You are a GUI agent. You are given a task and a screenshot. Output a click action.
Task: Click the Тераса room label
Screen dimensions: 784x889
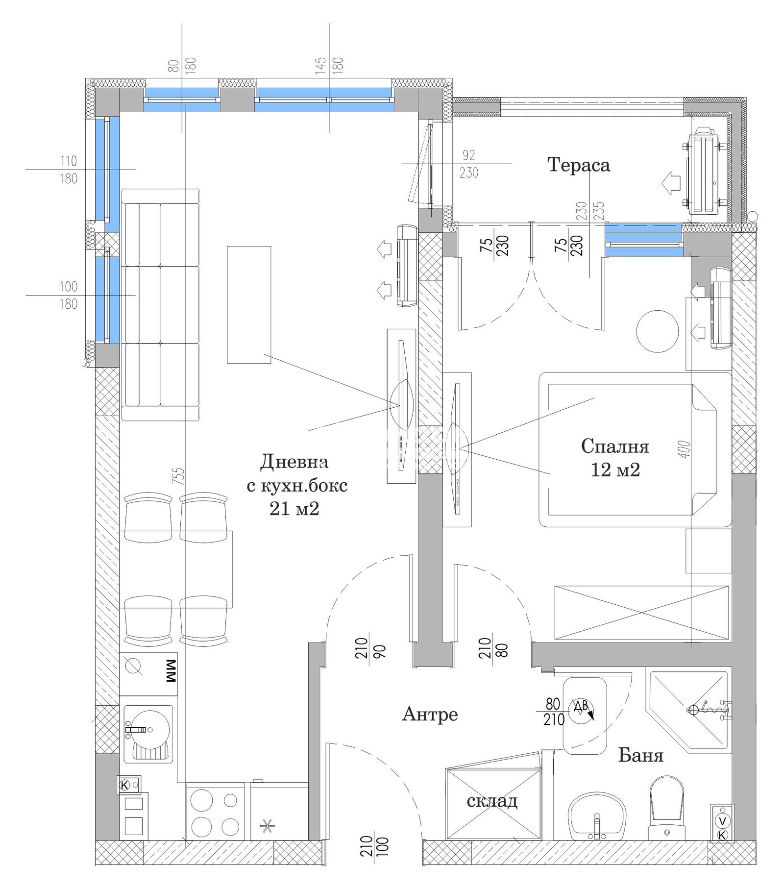578,165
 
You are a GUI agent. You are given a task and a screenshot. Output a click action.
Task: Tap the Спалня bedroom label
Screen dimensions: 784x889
615,446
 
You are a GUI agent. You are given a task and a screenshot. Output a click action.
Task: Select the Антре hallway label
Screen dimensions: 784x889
430,714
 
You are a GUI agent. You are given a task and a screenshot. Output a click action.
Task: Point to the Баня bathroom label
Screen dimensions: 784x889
640,755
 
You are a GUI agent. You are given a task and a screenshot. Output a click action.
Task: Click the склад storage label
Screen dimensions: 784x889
492,801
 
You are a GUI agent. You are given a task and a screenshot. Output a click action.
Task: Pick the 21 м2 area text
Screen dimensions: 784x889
294,509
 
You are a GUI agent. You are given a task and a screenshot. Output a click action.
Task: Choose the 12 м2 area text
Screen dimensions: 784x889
615,469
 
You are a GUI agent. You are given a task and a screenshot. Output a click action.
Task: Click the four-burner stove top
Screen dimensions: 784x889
215,814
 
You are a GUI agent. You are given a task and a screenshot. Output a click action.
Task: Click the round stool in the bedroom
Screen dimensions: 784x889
657,331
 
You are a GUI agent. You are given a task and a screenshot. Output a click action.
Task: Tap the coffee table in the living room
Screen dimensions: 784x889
249,304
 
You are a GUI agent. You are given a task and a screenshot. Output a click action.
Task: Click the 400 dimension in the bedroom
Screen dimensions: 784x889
685,449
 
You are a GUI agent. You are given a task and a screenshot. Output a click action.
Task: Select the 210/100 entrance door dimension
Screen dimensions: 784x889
374,846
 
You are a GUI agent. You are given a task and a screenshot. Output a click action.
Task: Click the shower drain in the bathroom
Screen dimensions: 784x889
692,709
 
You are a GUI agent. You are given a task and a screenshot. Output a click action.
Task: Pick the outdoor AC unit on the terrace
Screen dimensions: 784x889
704,171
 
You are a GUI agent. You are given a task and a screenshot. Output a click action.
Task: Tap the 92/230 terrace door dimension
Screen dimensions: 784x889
468,164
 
